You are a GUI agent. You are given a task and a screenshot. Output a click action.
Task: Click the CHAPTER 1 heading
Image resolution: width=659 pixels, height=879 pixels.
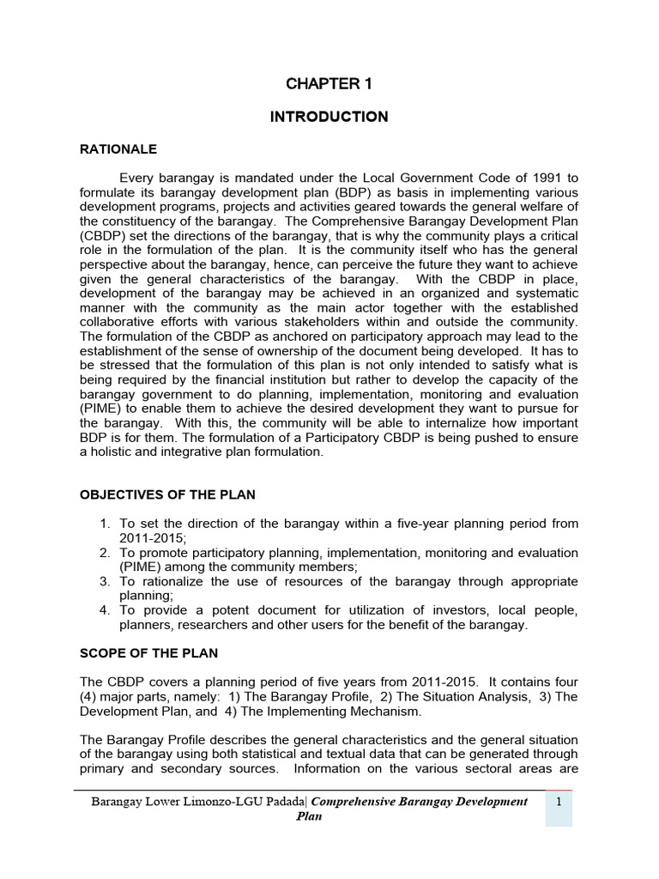pos(329,83)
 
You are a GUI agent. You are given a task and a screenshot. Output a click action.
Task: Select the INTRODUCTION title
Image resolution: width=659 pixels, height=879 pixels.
pos(329,117)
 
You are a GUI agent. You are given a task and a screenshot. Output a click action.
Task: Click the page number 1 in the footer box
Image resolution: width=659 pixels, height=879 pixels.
pos(558,802)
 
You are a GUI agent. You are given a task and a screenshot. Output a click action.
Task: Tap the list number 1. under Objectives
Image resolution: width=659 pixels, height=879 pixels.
pos(106,524)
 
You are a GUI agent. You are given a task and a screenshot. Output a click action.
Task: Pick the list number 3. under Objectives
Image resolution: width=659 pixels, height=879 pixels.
pos(106,582)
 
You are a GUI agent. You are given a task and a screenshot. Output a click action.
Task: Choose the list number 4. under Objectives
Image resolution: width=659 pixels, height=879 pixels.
pos(106,611)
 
